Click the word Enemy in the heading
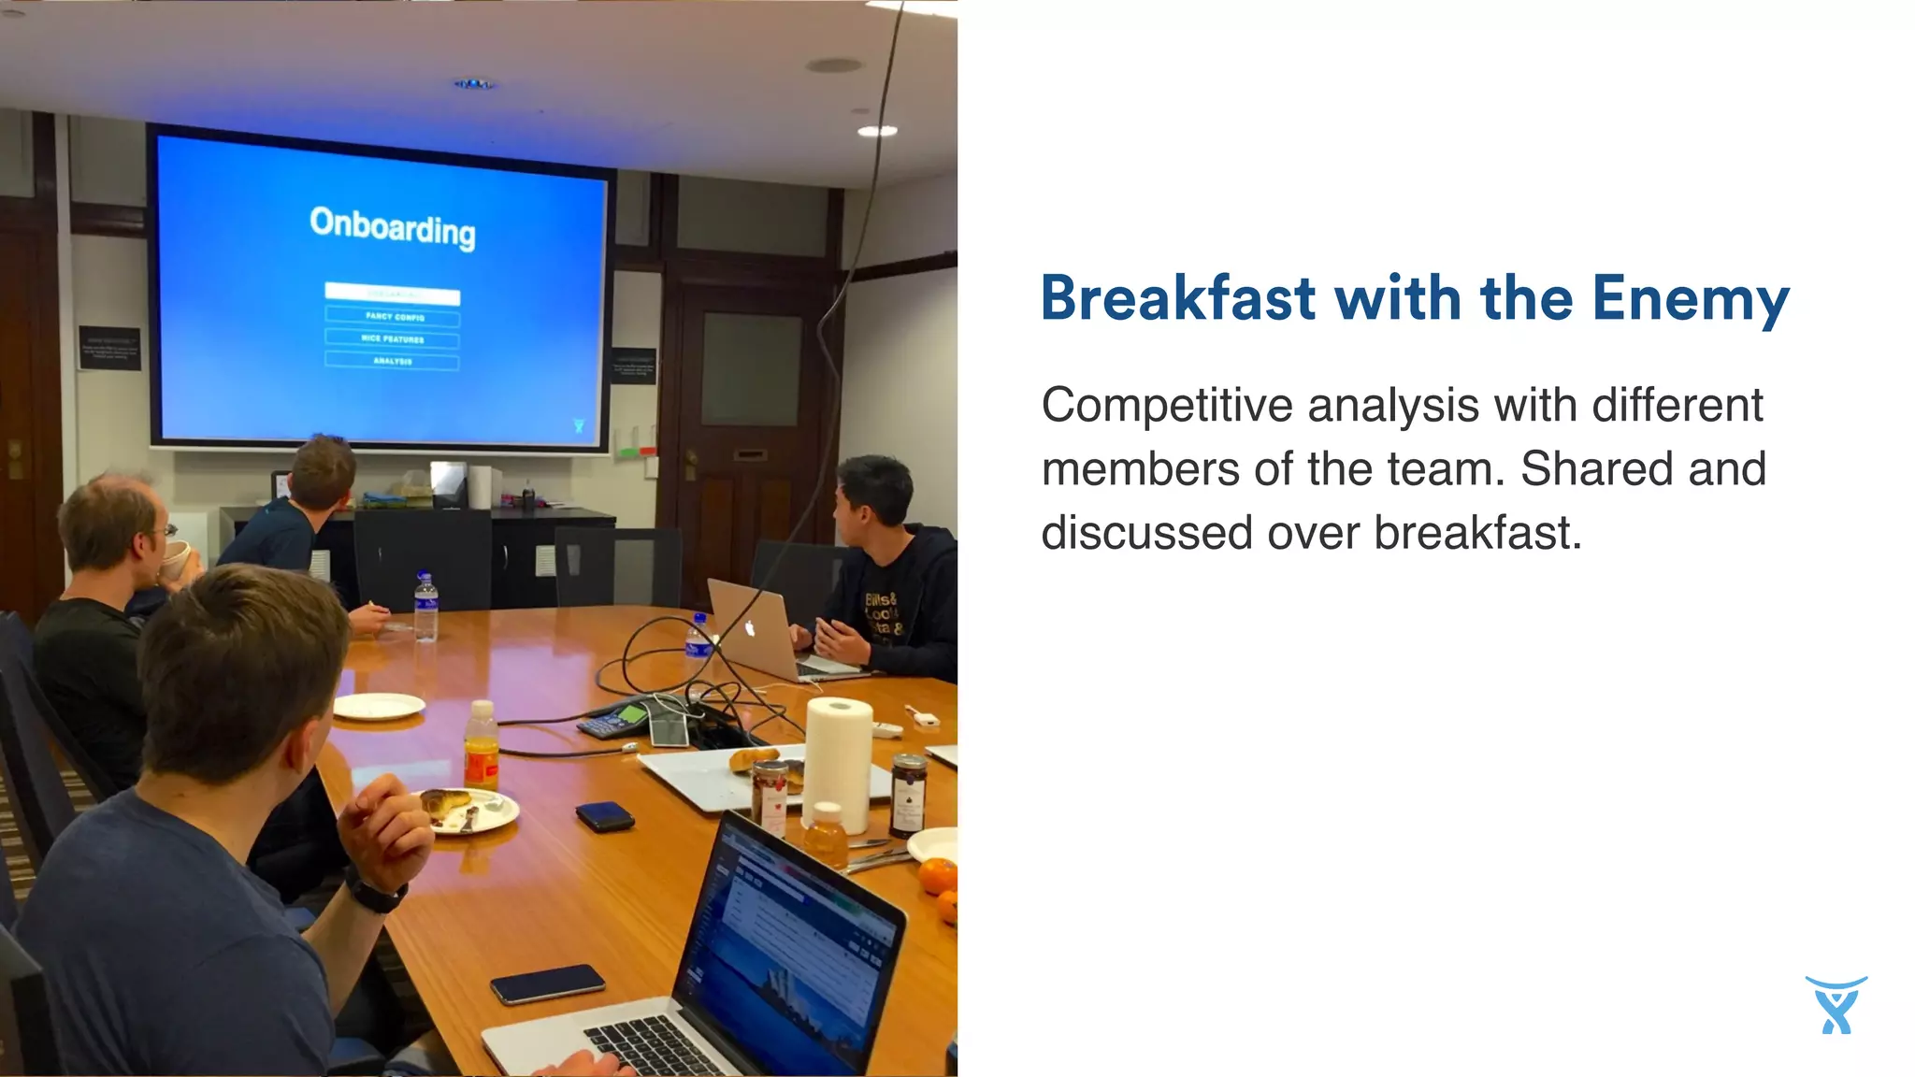pyautogui.click(x=1690, y=299)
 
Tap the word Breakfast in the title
pyautogui.click(x=1178, y=299)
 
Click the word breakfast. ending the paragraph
pyautogui.click(x=1477, y=533)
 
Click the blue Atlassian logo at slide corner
pyautogui.click(x=1836, y=1005)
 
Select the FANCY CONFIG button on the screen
pyautogui.click(x=393, y=317)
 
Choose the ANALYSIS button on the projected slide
pyautogui.click(x=393, y=361)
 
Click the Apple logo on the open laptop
pyautogui.click(x=749, y=628)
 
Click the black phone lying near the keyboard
pyautogui.click(x=548, y=984)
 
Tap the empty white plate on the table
pyautogui.click(x=379, y=706)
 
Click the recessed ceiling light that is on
pyautogui.click(x=877, y=131)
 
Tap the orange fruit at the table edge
pyautogui.click(x=937, y=876)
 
